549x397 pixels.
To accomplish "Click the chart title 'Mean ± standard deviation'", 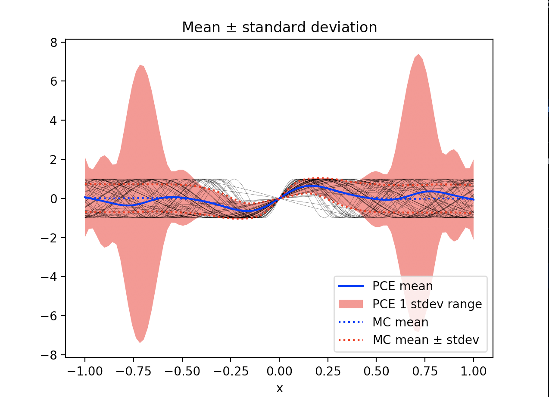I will pyautogui.click(x=279, y=28).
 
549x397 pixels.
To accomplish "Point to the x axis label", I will pyautogui.click(x=280, y=389).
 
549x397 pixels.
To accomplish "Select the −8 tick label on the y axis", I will pyautogui.click(x=52, y=355).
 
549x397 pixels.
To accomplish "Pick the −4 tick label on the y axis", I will pyautogui.click(x=52, y=277).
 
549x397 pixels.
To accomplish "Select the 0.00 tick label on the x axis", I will pyautogui.click(x=279, y=371).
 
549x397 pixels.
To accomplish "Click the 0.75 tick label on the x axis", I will pyautogui.click(x=425, y=371).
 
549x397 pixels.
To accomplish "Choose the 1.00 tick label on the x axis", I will pyautogui.click(x=474, y=371).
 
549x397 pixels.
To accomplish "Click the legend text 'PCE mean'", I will pyautogui.click(x=402, y=286).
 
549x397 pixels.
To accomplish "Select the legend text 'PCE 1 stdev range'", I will pyautogui.click(x=427, y=304).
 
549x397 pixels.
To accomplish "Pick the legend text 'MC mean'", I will pyautogui.click(x=400, y=322).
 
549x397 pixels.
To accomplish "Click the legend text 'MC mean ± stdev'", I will pyautogui.click(x=426, y=340).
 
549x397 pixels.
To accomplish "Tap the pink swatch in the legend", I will pyautogui.click(x=350, y=304).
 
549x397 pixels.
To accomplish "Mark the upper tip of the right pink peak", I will pyautogui.click(x=418, y=54).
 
